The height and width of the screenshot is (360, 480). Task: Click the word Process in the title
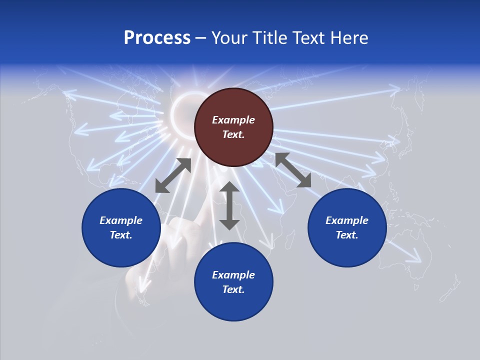click(157, 38)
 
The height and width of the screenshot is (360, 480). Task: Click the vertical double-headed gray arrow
click(229, 206)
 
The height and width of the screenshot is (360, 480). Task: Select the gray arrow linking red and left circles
click(173, 175)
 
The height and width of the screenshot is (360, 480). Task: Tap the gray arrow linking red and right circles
click(293, 170)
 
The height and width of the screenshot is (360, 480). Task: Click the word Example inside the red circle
click(233, 120)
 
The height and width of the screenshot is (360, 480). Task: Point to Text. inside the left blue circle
click(121, 235)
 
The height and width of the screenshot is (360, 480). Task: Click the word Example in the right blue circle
click(347, 220)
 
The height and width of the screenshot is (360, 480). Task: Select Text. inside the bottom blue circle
click(233, 289)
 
